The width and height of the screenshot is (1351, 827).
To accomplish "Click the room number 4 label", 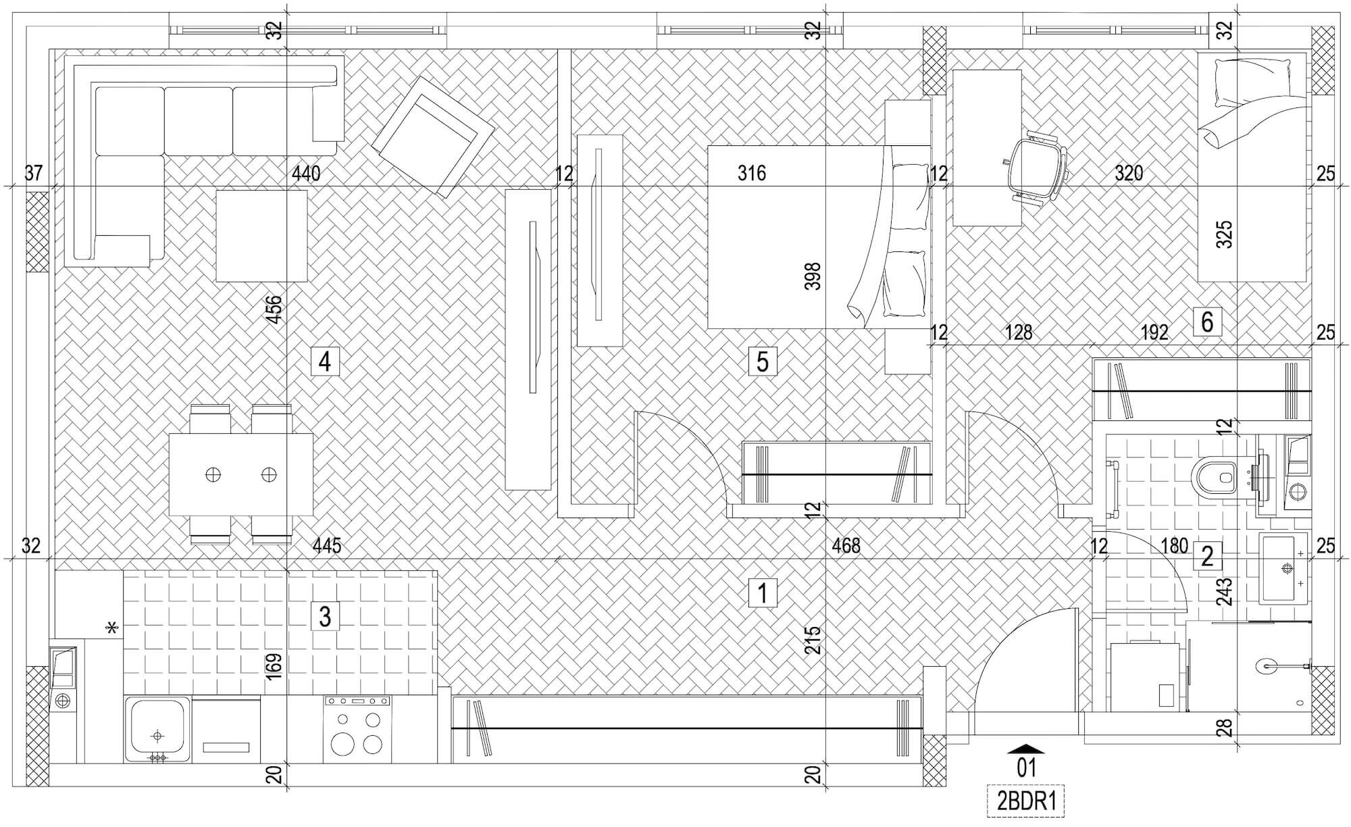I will (x=324, y=361).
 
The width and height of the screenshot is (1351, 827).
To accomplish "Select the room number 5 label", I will (x=763, y=361).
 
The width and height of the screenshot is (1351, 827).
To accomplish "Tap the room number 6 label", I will (x=1207, y=322).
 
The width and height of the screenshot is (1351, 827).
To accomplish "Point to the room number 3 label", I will (x=325, y=616).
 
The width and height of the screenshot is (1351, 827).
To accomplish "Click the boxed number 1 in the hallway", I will (x=763, y=593).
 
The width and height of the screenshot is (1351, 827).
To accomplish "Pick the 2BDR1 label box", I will (x=1025, y=801).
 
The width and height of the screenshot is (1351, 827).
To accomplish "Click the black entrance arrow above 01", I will (x=1025, y=749).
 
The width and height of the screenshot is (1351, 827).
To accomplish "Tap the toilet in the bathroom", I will (x=1216, y=477).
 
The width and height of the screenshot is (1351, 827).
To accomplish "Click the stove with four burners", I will (x=357, y=729).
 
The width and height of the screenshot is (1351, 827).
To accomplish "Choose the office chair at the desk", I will (x=1034, y=166).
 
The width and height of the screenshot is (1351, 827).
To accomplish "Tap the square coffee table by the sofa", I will (x=261, y=235).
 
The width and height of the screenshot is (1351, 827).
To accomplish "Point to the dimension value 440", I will (x=306, y=174).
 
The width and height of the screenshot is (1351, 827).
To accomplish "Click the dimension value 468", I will (x=846, y=546).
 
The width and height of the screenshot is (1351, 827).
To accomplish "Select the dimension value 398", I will (x=813, y=276).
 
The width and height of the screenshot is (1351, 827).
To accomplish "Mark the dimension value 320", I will (x=1128, y=174).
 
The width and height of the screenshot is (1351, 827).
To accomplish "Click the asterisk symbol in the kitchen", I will (x=111, y=629).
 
